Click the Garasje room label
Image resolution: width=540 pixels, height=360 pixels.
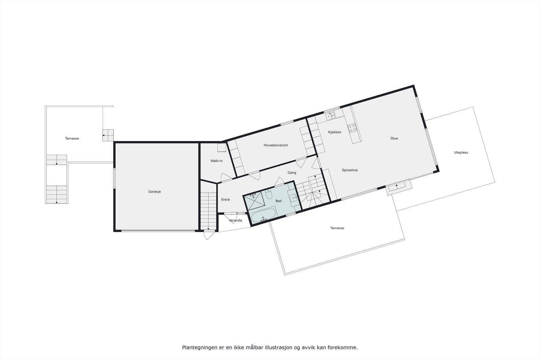pyautogui.click(x=155, y=192)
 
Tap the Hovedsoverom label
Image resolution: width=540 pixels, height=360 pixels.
pyautogui.click(x=276, y=145)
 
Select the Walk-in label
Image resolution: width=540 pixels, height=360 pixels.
pyautogui.click(x=216, y=161)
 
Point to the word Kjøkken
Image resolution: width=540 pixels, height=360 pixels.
pyautogui.click(x=334, y=132)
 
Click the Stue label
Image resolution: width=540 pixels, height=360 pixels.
pyautogui.click(x=394, y=138)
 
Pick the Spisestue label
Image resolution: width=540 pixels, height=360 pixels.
pyautogui.click(x=350, y=170)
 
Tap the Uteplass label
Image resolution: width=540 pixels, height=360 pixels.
pyautogui.click(x=461, y=153)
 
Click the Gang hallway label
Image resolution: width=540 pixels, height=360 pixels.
pyautogui.click(x=292, y=173)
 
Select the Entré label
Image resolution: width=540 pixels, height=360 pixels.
pyautogui.click(x=225, y=200)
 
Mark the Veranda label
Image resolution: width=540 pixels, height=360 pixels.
pyautogui.click(x=235, y=221)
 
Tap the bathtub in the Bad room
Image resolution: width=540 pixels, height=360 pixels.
pyautogui.click(x=263, y=215)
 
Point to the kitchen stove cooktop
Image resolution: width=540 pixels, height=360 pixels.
pyautogui.click(x=352, y=128)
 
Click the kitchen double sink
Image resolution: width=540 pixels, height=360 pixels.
pyautogui.click(x=330, y=116)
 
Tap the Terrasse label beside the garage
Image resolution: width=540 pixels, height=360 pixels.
pyautogui.click(x=72, y=138)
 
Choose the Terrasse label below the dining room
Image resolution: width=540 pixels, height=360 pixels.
pyautogui.click(x=337, y=228)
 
